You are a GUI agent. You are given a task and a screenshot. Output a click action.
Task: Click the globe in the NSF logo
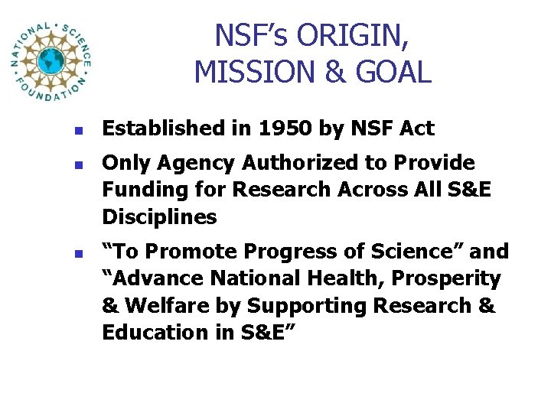52,61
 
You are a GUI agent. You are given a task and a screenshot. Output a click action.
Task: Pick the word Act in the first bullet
416,129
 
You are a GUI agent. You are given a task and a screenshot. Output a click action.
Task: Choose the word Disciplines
159,217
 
